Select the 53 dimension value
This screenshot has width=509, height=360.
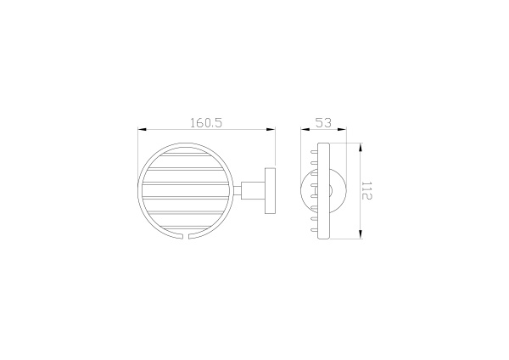click(322, 122)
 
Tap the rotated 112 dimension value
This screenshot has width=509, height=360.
click(366, 191)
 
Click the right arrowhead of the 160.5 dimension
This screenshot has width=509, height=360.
click(272, 130)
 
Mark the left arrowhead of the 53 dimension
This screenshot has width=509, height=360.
click(305, 130)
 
